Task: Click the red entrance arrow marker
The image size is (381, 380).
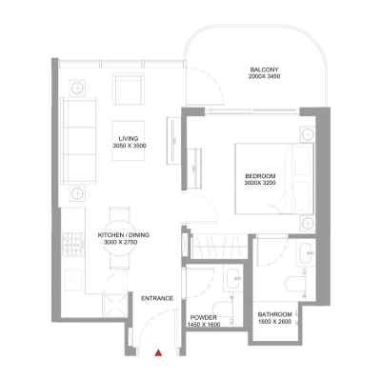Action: [x=159, y=353]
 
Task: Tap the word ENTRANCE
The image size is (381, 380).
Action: [x=157, y=298]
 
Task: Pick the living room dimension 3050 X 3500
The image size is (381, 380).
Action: [x=129, y=146]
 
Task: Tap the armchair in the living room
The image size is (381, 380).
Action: [x=128, y=90]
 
